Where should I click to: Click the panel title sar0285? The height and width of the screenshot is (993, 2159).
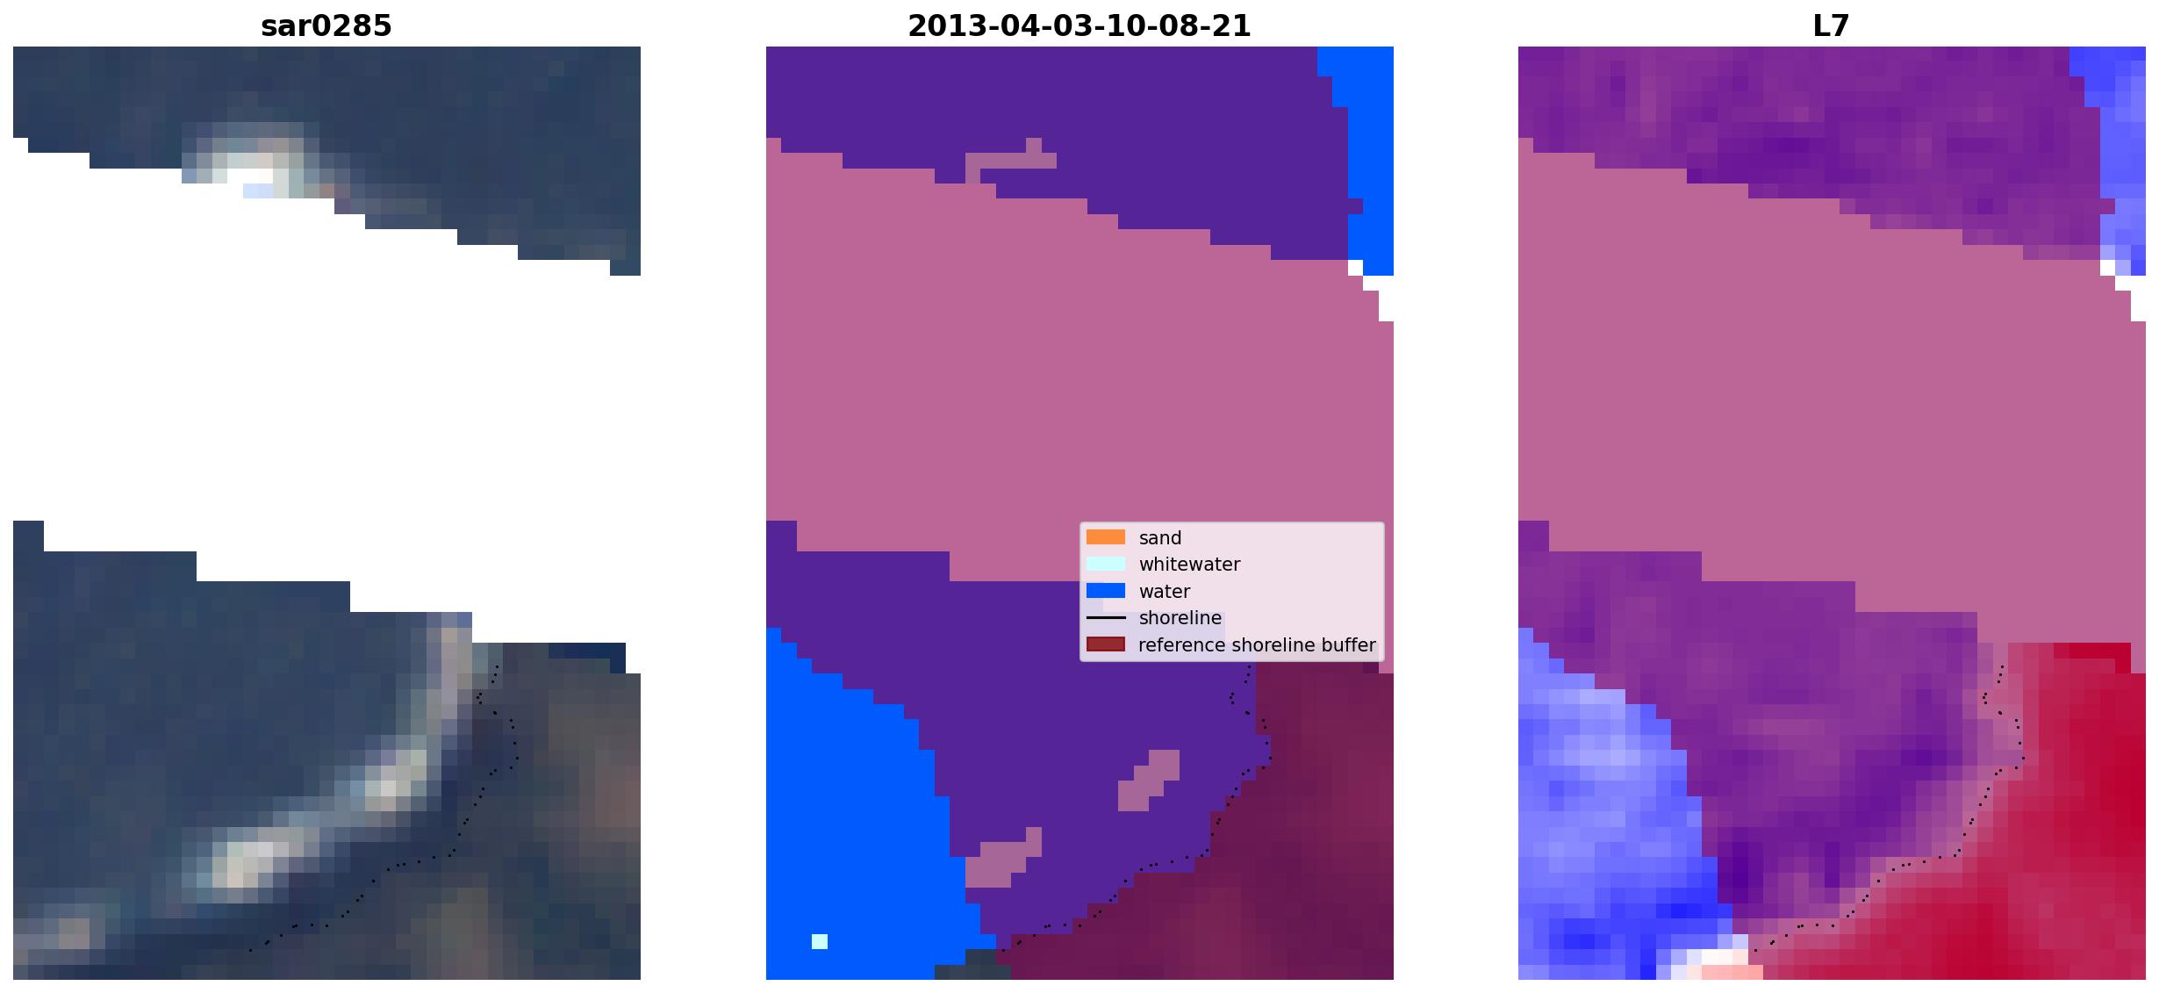[326, 26]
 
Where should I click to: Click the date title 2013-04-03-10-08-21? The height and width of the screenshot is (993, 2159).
[1079, 26]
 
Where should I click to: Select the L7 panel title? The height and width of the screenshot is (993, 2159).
[1831, 26]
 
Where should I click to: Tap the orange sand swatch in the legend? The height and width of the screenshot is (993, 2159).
[1105, 537]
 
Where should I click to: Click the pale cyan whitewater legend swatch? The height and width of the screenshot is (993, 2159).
[1105, 564]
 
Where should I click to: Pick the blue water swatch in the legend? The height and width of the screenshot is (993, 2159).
[1105, 591]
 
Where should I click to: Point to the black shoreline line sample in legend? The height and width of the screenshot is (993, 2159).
[1105, 618]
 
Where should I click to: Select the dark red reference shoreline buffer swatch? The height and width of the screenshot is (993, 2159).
[1105, 644]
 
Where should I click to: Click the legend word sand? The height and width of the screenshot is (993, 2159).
[1159, 538]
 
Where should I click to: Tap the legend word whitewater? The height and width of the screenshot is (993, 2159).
[1189, 565]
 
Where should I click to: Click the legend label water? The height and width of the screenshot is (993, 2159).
[1164, 592]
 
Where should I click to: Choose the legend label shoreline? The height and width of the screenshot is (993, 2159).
[1180, 618]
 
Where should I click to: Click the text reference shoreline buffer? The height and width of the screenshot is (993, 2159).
[1257, 645]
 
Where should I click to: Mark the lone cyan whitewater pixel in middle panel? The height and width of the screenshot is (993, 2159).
[819, 941]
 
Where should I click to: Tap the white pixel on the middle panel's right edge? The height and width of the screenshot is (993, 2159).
[1355, 267]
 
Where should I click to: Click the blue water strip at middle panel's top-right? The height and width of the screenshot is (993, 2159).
[1368, 158]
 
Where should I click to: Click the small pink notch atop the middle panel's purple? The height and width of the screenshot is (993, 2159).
[1034, 145]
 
